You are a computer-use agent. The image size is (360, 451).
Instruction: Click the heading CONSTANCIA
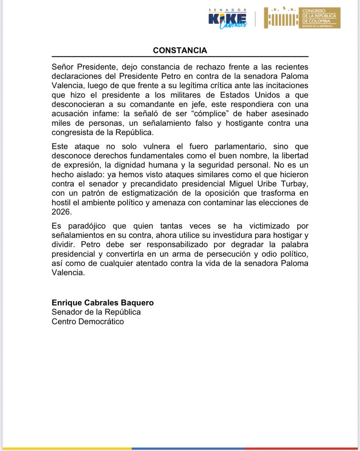click(x=180, y=50)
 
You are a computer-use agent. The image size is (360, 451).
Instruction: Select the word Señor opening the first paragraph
click(x=63, y=67)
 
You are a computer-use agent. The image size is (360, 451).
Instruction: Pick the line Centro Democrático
click(x=88, y=322)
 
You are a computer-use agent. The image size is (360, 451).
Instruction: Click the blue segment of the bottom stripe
click(x=210, y=449)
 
